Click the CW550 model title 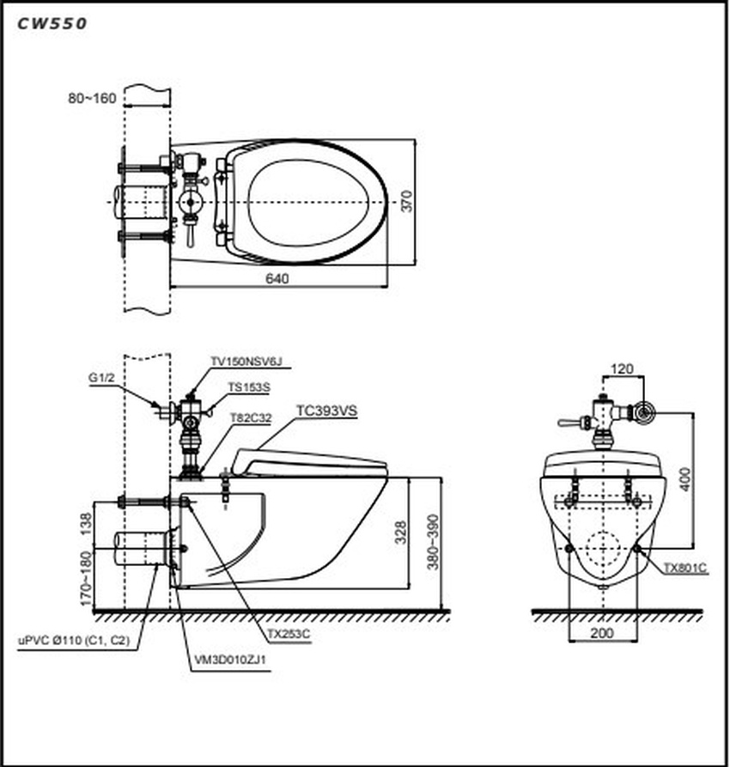pos(52,24)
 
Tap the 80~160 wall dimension pos(92,98)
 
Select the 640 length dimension pos(277,278)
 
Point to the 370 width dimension pos(408,200)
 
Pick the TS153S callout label pos(248,387)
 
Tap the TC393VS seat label pos(326,411)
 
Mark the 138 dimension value pos(85,524)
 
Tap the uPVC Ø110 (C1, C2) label pos(75,640)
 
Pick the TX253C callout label pos(288,633)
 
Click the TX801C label pos(686,567)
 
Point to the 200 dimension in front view pos(602,633)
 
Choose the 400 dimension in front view pos(684,479)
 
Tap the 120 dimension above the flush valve pos(621,369)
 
